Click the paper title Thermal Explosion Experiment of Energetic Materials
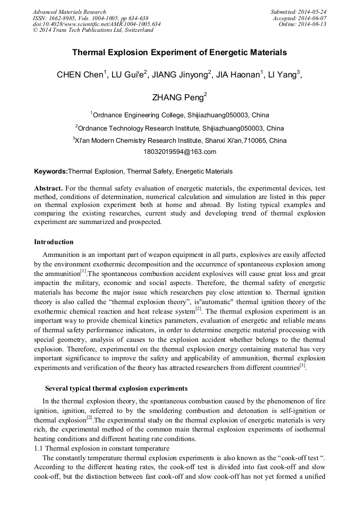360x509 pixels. click(x=179, y=53)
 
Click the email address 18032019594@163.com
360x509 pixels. click(x=179, y=152)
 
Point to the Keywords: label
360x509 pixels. click(x=51, y=171)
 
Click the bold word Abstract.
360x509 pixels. click(x=48, y=188)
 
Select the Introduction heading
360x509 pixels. click(x=54, y=242)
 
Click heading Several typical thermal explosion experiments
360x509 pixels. click(x=116, y=389)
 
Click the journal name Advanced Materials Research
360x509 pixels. click(x=70, y=12)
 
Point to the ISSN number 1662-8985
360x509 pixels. click(x=64, y=18)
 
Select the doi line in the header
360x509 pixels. click(x=97, y=24)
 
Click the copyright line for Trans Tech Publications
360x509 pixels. click(x=93, y=30)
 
